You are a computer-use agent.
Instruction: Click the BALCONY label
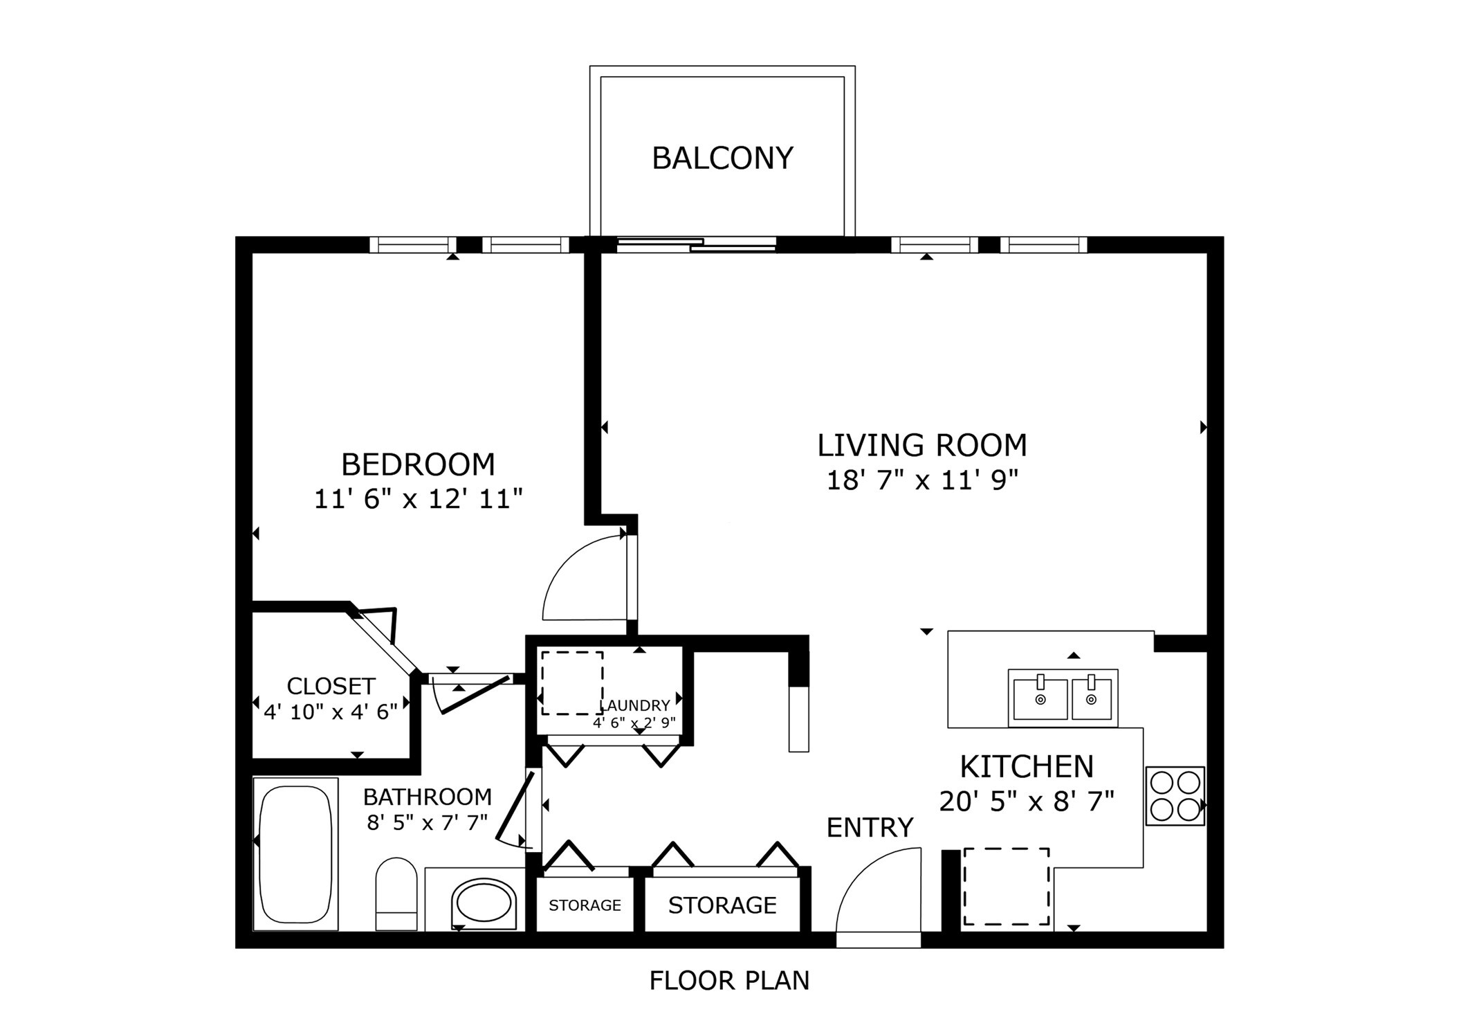point(722,159)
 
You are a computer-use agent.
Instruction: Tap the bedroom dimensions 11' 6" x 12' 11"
point(418,499)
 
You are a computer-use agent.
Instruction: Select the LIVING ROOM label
point(921,445)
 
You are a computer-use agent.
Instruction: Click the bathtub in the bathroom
point(295,854)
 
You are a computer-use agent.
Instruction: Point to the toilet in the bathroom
point(396,894)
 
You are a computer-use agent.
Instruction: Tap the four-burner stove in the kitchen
point(1175,795)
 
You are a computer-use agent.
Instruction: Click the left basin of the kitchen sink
point(1039,699)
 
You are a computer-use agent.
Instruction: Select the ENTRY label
point(870,828)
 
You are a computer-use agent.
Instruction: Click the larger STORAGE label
point(722,905)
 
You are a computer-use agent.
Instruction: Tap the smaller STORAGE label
point(585,905)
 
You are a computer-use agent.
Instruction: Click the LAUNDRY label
point(634,705)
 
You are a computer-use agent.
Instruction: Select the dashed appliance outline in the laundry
point(572,683)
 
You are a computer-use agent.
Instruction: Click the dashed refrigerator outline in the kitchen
point(1006,887)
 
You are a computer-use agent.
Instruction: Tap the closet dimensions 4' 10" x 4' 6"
point(331,712)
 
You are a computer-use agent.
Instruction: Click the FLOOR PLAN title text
point(728,981)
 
